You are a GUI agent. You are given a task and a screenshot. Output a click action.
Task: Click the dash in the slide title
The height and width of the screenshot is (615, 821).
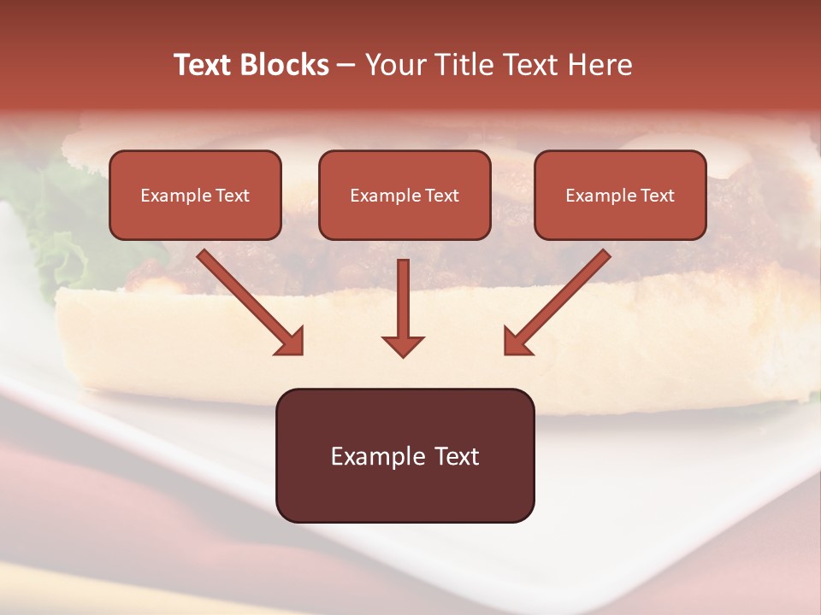(x=346, y=65)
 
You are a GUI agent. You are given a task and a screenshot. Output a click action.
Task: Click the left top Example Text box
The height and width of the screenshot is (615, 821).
(x=195, y=195)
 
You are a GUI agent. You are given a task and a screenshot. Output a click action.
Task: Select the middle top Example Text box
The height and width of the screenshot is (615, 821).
(x=405, y=195)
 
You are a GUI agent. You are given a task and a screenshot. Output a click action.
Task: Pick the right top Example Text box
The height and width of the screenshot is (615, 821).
(x=620, y=195)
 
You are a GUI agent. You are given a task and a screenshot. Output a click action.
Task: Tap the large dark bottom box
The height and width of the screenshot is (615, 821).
(x=405, y=455)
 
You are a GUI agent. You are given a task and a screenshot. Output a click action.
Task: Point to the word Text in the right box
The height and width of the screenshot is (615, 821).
(x=656, y=196)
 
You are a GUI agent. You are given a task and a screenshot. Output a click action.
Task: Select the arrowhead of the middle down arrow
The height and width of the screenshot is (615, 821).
(x=403, y=346)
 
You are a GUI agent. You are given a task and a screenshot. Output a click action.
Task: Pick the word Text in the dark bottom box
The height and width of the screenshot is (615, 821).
(x=456, y=456)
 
